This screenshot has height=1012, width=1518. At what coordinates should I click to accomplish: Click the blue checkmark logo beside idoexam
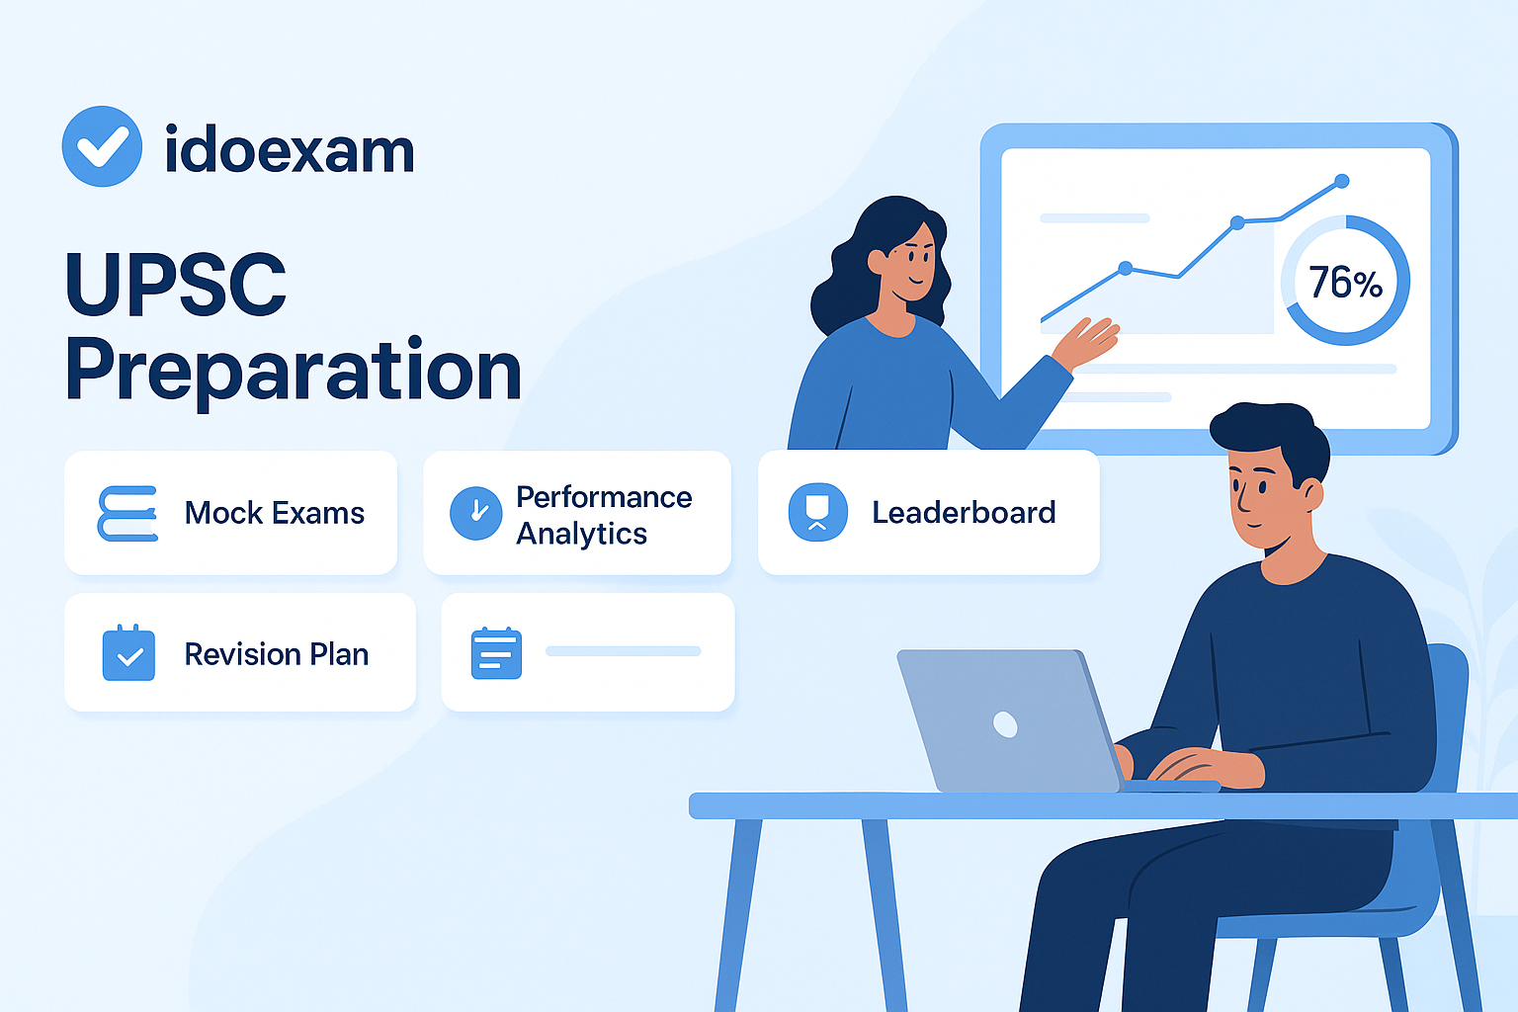click(x=102, y=146)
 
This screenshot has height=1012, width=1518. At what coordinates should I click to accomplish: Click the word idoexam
click(x=289, y=150)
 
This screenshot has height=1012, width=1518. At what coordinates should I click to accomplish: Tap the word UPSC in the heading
click(x=176, y=285)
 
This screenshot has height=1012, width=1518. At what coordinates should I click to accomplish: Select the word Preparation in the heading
click(x=293, y=371)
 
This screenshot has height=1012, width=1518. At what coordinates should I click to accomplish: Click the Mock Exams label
click(x=275, y=513)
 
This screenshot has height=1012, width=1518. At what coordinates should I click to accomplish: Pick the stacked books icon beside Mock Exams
click(x=127, y=513)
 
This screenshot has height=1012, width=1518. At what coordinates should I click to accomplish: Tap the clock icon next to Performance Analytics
click(x=476, y=513)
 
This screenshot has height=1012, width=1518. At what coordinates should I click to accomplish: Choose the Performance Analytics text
click(x=604, y=514)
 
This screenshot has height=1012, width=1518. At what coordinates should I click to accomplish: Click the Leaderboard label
click(x=964, y=512)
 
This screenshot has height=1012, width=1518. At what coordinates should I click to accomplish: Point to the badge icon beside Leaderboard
click(x=817, y=512)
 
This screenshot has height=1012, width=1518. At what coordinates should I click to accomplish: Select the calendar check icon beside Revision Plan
click(x=128, y=653)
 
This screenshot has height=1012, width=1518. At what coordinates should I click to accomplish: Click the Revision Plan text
click(x=277, y=654)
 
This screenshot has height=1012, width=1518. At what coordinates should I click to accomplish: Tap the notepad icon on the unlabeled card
click(x=496, y=653)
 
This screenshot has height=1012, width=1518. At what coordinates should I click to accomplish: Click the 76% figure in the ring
click(x=1345, y=283)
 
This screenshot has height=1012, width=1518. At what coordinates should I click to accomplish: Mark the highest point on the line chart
click(x=1341, y=181)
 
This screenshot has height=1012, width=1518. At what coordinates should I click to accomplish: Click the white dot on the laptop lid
click(x=1005, y=724)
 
